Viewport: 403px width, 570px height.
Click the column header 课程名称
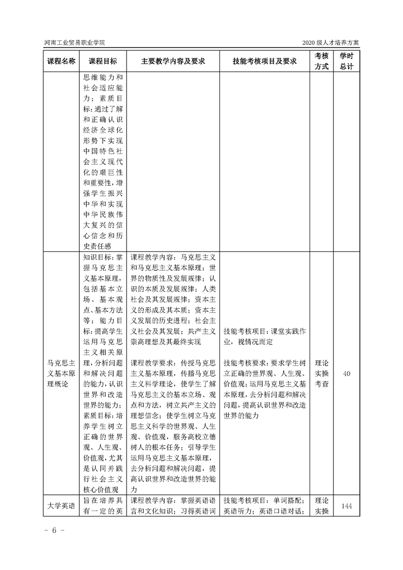coord(61,61)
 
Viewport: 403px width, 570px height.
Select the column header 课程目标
coord(103,61)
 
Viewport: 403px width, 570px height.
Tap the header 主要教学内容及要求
coord(173,61)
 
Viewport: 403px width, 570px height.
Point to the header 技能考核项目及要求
coord(264,61)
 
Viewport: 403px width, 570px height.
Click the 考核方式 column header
coord(321,61)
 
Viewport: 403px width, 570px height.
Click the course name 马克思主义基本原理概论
coord(61,373)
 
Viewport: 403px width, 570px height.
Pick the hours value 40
coord(347,374)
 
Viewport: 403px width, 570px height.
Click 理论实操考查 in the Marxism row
coord(321,374)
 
